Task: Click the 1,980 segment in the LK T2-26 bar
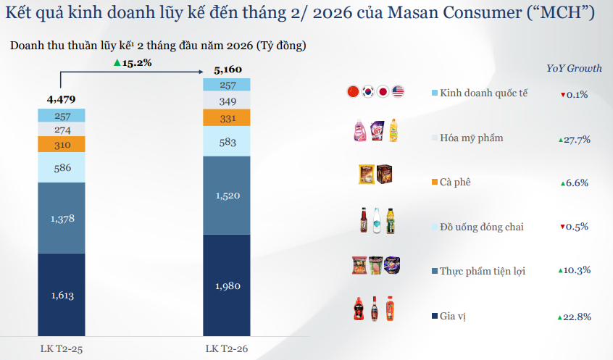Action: pyautogui.click(x=226, y=285)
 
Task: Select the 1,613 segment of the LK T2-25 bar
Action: pyautogui.click(x=62, y=295)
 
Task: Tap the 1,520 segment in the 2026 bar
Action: pyautogui.click(x=226, y=195)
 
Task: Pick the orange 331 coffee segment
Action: pyautogui.click(x=226, y=118)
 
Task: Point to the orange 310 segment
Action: pyautogui.click(x=62, y=145)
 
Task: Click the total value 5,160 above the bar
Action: pyautogui.click(x=227, y=70)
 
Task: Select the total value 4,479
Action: pyautogui.click(x=61, y=99)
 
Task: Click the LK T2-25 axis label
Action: pyautogui.click(x=61, y=349)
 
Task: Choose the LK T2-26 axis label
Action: pyautogui.click(x=226, y=349)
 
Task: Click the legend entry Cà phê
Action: pyautogui.click(x=455, y=182)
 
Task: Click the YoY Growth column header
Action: pyautogui.click(x=574, y=68)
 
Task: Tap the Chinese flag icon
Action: pyautogui.click(x=353, y=91)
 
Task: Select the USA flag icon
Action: pyautogui.click(x=398, y=91)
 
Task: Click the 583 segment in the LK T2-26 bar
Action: pyautogui.click(x=226, y=143)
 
